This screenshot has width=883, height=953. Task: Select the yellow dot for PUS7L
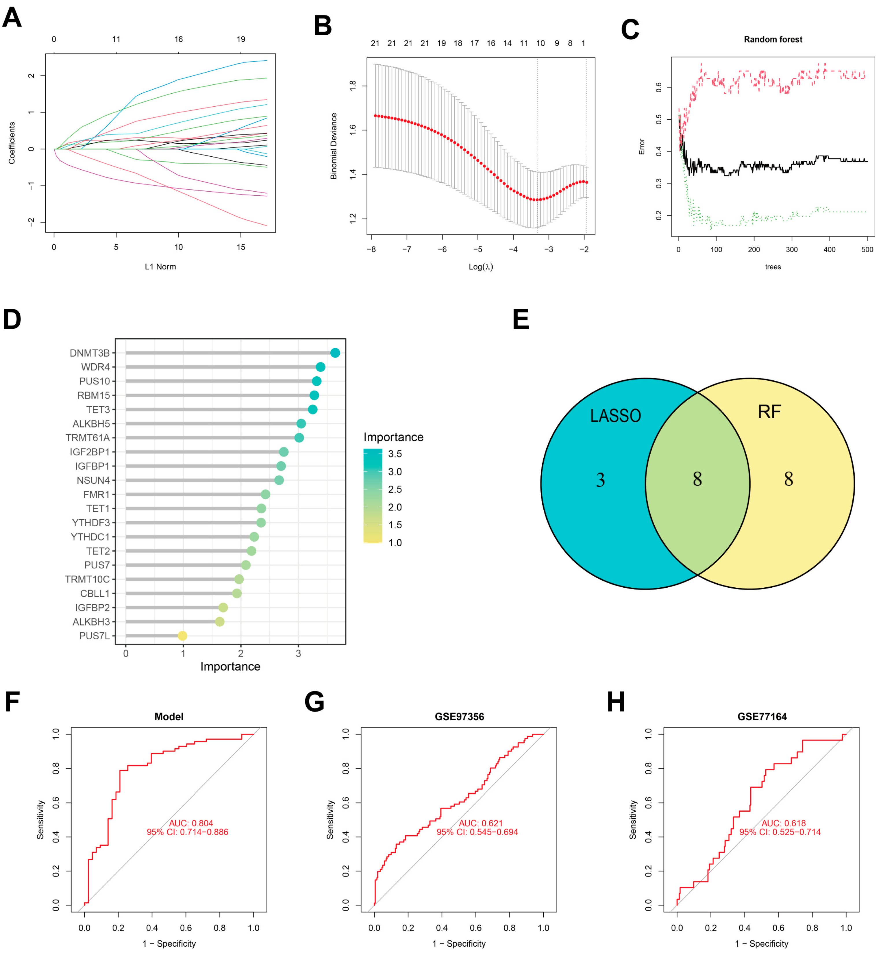click(x=182, y=636)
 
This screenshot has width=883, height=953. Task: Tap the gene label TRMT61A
click(x=88, y=438)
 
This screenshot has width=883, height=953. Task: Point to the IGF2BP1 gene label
click(x=90, y=452)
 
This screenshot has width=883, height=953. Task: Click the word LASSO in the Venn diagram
click(x=615, y=416)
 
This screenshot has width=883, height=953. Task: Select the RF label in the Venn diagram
click(x=769, y=412)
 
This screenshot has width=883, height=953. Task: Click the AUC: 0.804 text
click(x=191, y=823)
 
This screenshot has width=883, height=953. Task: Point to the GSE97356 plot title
click(x=459, y=717)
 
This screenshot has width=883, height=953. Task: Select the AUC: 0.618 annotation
click(x=784, y=823)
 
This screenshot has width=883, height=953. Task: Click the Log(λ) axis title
click(x=481, y=267)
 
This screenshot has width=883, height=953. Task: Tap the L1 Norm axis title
click(x=160, y=267)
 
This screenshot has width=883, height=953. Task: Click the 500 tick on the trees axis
click(x=867, y=249)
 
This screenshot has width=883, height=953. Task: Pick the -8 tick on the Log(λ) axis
click(x=371, y=249)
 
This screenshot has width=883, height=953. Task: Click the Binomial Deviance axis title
click(x=334, y=146)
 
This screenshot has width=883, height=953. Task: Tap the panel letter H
click(x=616, y=702)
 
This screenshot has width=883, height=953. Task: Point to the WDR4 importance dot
click(x=321, y=367)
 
